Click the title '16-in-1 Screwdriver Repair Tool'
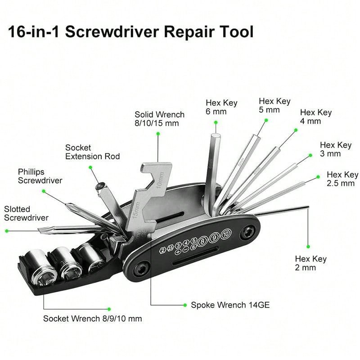pyautogui.click(x=131, y=32)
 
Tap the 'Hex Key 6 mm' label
pyautogui.click(x=221, y=108)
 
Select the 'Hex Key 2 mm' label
pyautogui.click(x=310, y=263)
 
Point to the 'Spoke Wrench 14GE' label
pyautogui.click(x=230, y=305)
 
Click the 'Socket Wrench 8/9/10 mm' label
pyautogui.click(x=92, y=319)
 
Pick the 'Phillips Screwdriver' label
pyautogui.click(x=40, y=176)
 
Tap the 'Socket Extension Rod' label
pyautogui.click(x=92, y=152)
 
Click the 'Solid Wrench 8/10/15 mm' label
pyautogui.click(x=159, y=119)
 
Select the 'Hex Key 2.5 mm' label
pyautogui.click(x=342, y=179)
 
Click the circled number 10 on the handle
pyautogui.click(x=225, y=233)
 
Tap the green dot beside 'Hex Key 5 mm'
pyautogui.click(x=266, y=120)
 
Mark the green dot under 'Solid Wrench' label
pyautogui.click(x=158, y=133)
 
